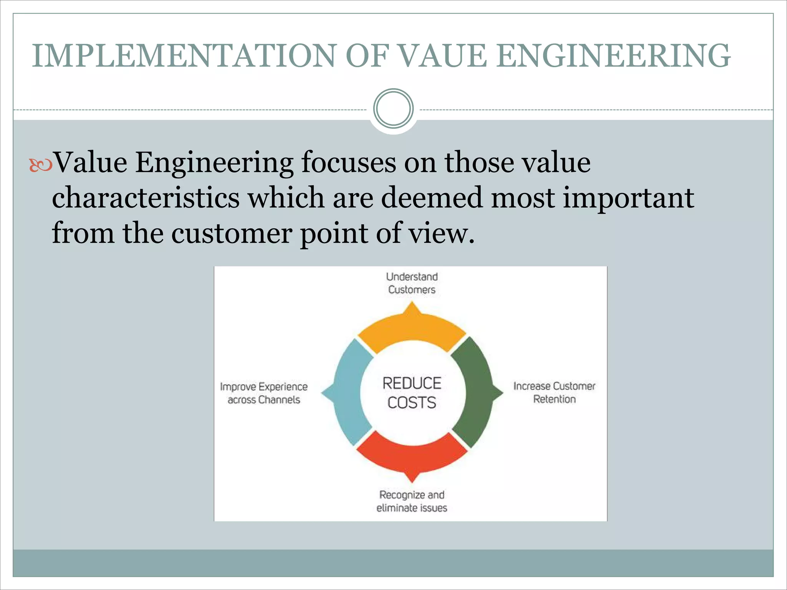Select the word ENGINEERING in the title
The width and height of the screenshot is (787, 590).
coord(613,56)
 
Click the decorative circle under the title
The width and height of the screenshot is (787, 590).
coord(393,109)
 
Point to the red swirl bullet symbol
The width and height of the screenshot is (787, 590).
coord(40,165)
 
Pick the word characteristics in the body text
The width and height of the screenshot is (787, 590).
coord(146,197)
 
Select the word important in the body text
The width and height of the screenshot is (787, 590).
coord(628,197)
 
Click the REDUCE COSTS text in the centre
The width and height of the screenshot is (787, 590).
coord(412,393)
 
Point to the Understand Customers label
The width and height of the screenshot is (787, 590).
coord(412,283)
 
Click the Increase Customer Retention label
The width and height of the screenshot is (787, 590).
coord(554,393)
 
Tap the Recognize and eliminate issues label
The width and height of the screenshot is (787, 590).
coord(412,501)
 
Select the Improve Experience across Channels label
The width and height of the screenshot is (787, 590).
coord(264,393)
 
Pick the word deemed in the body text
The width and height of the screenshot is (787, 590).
coord(432,197)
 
